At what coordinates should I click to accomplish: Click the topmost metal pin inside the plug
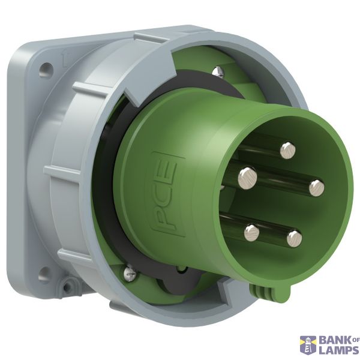287,151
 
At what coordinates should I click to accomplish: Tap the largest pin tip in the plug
247,178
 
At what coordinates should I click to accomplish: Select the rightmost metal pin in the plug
317,188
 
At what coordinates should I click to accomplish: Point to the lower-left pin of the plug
251,233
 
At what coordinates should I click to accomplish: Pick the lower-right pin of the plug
295,239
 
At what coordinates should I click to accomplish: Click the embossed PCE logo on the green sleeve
168,194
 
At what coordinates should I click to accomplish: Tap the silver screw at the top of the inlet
218,71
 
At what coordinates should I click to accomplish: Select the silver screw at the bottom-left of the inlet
130,273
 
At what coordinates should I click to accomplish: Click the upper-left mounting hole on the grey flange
46,70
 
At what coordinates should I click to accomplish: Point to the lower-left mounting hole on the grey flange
44,274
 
